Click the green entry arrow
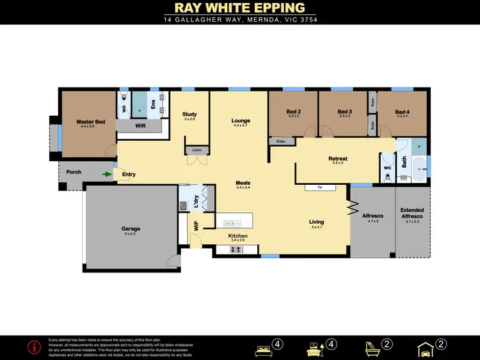pos(107,173)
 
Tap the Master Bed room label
pos(90,121)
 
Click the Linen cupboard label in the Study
pos(196,150)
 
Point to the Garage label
pos(131,228)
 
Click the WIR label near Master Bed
pos(141,127)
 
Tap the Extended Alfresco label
pos(412,213)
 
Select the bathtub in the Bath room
pos(419,173)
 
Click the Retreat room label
pos(337,159)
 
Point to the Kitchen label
pos(238,236)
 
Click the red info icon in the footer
pos(33,347)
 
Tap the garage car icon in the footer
pos(426,348)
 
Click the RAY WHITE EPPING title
pos(240,8)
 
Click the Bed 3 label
pos(345,112)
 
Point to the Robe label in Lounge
pos(280,141)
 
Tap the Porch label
pos(74,172)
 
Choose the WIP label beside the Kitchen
pos(196,225)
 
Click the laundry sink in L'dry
pos(183,206)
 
